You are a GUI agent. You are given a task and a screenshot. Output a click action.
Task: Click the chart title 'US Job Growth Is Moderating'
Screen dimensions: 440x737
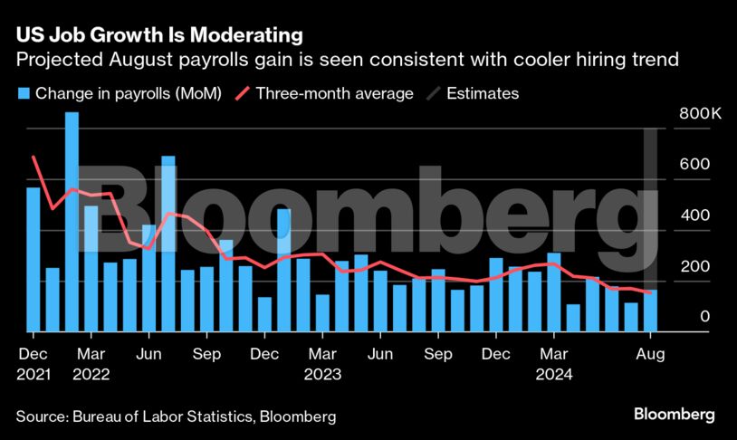click(158, 36)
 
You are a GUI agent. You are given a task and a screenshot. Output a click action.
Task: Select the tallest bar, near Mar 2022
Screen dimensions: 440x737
click(72, 222)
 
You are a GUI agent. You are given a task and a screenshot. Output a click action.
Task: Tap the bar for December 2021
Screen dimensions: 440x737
click(33, 259)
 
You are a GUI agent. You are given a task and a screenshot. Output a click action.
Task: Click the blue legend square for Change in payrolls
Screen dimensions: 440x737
click(23, 93)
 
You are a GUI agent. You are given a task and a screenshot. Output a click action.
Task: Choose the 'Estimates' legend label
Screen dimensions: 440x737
click(483, 93)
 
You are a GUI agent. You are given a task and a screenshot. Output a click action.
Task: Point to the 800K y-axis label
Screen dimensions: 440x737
click(698, 115)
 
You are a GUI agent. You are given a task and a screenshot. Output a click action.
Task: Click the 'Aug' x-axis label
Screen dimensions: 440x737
click(651, 353)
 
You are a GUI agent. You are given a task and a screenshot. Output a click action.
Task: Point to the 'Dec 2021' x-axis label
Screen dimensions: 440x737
click(33, 362)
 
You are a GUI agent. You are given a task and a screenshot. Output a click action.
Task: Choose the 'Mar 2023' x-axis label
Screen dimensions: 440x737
click(322, 362)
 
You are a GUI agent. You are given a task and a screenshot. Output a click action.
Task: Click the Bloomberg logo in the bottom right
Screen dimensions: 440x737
click(674, 415)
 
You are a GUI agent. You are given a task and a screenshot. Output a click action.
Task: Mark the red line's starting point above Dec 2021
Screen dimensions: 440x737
click(33, 157)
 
